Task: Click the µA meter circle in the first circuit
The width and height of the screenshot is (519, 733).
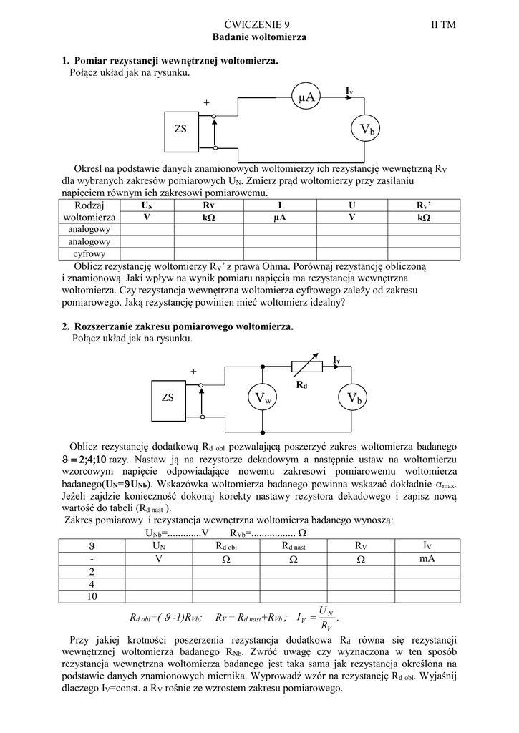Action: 308,97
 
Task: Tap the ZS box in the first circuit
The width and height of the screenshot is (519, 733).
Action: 180,130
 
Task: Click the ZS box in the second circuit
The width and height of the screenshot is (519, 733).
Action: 168,398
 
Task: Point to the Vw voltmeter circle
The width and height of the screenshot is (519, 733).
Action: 263,398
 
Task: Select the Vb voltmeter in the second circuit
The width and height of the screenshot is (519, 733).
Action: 354,398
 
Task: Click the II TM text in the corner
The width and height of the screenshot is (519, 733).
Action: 443,24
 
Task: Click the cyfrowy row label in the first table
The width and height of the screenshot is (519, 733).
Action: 89,253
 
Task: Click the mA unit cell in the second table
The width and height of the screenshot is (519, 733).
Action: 427,558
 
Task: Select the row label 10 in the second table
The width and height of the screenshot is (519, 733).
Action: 92,596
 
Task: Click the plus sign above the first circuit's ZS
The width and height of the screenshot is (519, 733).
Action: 206,103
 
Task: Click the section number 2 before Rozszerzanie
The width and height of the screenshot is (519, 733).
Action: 65,326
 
